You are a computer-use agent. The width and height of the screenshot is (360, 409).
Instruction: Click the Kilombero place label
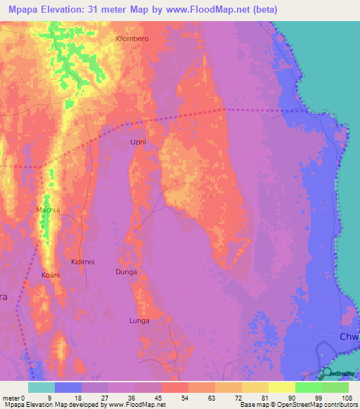(x=133, y=39)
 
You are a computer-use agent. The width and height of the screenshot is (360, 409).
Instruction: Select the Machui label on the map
(x=48, y=210)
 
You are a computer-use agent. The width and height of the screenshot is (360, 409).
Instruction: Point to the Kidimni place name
(x=83, y=262)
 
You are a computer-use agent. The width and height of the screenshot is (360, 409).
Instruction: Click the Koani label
(x=51, y=274)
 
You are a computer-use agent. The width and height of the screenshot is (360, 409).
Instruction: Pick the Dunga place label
(x=126, y=271)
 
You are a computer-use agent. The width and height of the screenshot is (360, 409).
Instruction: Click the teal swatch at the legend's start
(x=41, y=387)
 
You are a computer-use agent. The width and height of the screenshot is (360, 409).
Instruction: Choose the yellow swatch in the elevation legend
(x=281, y=387)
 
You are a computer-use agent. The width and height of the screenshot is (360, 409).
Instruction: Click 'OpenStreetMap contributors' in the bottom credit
(x=321, y=405)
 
